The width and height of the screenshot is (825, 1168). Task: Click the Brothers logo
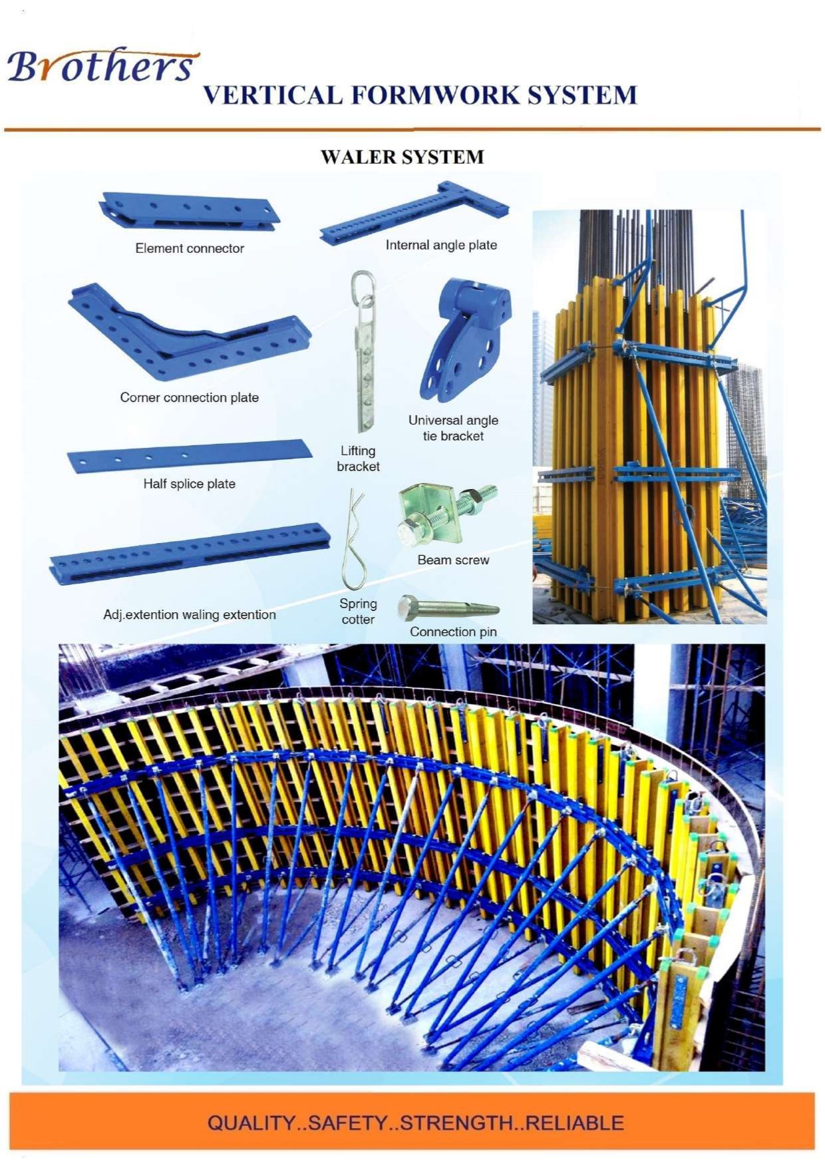point(100,65)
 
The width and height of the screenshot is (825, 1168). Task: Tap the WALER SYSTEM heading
point(402,157)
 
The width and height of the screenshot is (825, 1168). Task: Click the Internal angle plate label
point(441,245)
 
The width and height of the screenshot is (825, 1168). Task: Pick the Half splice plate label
point(190,484)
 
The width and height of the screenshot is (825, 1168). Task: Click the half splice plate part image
point(190,456)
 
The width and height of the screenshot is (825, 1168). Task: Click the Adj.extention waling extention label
point(190,614)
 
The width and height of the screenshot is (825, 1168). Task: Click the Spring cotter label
point(358,611)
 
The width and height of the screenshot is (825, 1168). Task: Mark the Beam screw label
point(453,560)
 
